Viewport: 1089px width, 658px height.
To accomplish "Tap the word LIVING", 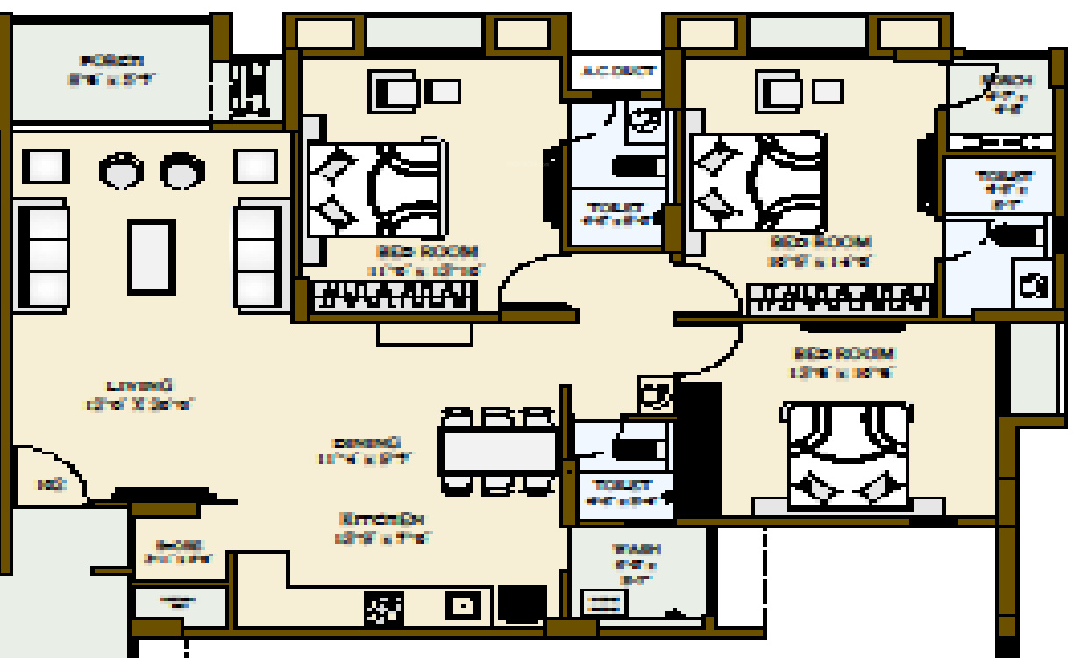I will pyautogui.click(x=140, y=385).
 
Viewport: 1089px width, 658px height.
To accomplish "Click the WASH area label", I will pyautogui.click(x=637, y=549).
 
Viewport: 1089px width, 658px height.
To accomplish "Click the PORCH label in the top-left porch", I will pyautogui.click(x=111, y=61).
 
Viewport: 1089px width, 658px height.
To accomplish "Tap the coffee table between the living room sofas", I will pyautogui.click(x=152, y=257).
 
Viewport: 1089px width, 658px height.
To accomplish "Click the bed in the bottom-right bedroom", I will pyautogui.click(x=847, y=454).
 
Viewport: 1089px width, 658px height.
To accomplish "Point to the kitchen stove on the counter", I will pyautogui.click(x=384, y=607).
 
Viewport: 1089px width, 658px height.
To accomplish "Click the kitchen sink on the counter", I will pyautogui.click(x=461, y=606).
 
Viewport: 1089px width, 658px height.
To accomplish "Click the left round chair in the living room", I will pyautogui.click(x=122, y=170).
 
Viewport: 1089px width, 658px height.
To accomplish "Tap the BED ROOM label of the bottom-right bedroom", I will pyautogui.click(x=843, y=354).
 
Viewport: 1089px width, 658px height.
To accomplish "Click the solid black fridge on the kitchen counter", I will pyautogui.click(x=522, y=604).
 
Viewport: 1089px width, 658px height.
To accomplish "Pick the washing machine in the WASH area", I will pyautogui.click(x=603, y=603).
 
